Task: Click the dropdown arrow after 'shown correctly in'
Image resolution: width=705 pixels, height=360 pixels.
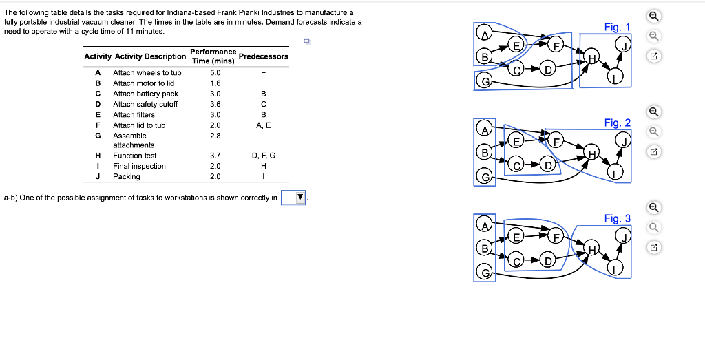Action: coord(299,198)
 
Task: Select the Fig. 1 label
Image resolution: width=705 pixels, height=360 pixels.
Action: coord(617,27)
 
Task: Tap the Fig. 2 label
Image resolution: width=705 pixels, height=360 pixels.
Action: coord(617,123)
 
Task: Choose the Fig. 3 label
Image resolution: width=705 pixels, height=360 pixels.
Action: coord(617,218)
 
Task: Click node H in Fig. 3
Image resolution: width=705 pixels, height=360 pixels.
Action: coord(591,249)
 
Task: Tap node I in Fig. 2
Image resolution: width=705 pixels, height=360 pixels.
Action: coord(615,172)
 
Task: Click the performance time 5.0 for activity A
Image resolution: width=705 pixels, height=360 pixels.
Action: coord(215,72)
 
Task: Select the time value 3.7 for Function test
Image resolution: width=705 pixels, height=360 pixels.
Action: coord(215,156)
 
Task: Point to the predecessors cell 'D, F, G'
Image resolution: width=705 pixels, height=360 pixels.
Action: coord(263,156)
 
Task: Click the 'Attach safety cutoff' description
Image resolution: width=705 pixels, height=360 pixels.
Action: coord(145,104)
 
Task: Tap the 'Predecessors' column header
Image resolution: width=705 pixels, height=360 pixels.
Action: coord(263,56)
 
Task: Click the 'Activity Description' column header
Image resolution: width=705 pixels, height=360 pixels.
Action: coord(150,56)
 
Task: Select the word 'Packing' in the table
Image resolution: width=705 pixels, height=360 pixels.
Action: coord(127,176)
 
